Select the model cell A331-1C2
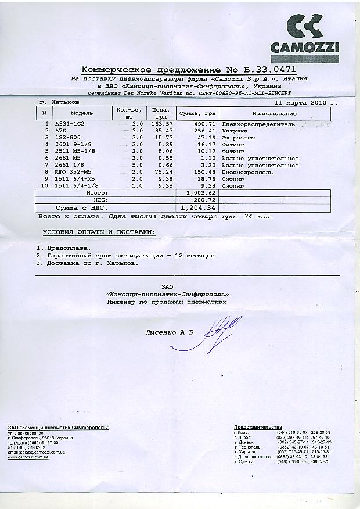[x=69, y=124]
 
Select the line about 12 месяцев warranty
[x=125, y=256]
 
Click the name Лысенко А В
[x=169, y=332]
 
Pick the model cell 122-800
[x=66, y=138]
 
